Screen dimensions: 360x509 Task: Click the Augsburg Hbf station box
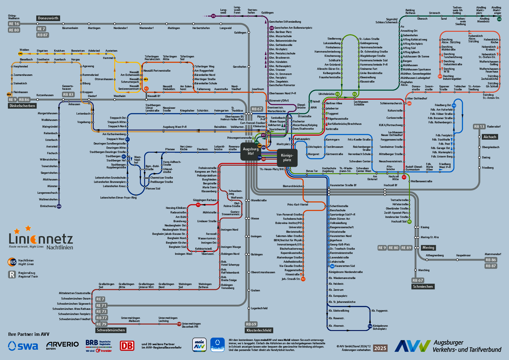click(251, 151)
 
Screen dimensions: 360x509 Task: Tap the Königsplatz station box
click(287, 157)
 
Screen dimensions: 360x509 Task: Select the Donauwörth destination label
click(48, 18)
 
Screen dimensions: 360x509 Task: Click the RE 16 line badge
click(14, 24)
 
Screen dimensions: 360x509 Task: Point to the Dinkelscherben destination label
click(22, 106)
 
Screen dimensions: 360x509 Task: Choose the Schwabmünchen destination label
click(111, 330)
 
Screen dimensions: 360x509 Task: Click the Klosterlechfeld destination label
click(259, 330)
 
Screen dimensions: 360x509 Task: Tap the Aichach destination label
click(490, 137)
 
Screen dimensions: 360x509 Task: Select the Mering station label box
click(428, 248)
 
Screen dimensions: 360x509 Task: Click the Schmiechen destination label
click(423, 287)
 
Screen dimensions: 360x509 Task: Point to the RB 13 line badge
click(479, 127)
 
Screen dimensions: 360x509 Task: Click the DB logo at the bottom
click(127, 345)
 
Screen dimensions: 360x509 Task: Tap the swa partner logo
click(23, 346)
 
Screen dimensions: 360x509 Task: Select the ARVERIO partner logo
click(63, 345)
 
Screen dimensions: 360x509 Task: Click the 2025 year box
click(380, 348)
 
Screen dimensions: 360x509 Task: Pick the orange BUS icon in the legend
click(12, 262)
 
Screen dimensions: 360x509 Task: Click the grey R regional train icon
click(12, 274)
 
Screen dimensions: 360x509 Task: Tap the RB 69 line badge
click(251, 324)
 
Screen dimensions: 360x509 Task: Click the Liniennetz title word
click(41, 239)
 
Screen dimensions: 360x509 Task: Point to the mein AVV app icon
click(199, 345)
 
